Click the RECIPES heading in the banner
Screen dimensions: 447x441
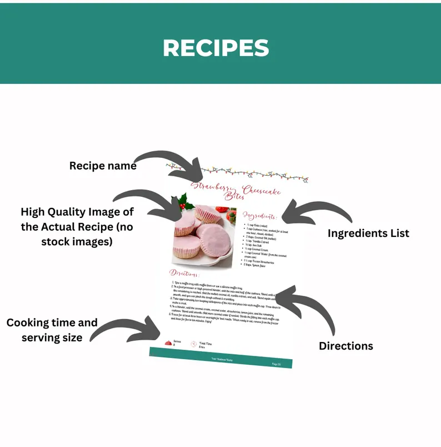click(x=216, y=48)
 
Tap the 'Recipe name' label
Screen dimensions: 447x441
click(x=103, y=166)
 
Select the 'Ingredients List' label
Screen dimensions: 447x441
click(x=368, y=233)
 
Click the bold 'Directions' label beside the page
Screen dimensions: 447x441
click(x=345, y=346)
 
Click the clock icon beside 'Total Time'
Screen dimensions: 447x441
click(x=193, y=345)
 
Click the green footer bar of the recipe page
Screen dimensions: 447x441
click(x=221, y=358)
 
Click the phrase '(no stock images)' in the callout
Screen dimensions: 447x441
click(x=77, y=242)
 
